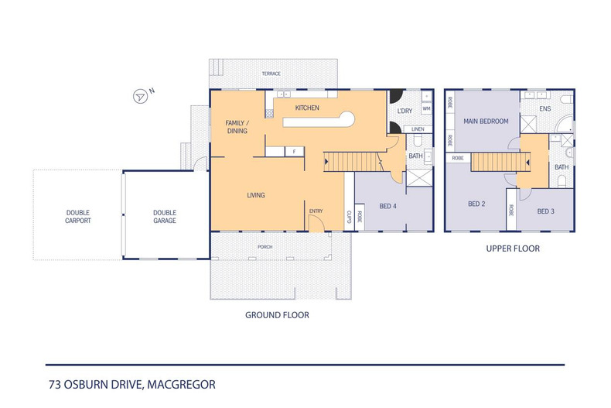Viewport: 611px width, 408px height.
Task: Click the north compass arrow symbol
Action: [140, 96]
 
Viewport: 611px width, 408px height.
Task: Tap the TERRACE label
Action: [271, 74]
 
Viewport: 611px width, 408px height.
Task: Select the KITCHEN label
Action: [307, 108]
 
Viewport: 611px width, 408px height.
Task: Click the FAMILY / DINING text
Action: [237, 127]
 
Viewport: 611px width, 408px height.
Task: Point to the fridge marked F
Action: [294, 151]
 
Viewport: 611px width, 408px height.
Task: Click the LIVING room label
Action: [255, 195]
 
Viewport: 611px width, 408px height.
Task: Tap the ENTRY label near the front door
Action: [316, 211]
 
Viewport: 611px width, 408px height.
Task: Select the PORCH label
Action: [265, 248]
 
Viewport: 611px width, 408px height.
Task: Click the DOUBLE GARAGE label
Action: [164, 217]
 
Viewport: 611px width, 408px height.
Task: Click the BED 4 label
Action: [389, 206]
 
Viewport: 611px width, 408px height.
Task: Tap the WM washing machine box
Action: [426, 109]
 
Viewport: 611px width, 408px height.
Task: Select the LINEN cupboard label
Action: [418, 129]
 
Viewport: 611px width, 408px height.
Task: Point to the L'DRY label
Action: [404, 111]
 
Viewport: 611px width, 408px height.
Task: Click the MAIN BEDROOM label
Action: [486, 122]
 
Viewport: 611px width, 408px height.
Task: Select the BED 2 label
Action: [476, 204]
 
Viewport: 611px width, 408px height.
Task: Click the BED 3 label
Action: [546, 211]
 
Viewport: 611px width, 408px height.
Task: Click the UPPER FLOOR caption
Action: [512, 249]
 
